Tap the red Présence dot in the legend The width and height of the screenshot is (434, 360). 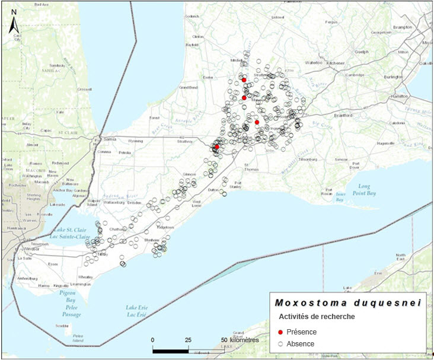pos(280,332)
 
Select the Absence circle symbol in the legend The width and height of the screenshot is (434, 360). pos(280,344)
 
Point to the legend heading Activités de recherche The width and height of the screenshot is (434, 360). pos(317,317)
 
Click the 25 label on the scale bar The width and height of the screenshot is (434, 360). pos(188,340)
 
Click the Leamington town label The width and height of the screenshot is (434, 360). pos(79,285)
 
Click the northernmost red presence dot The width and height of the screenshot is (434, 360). pos(244,79)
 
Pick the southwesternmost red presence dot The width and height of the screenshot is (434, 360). pos(217,146)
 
